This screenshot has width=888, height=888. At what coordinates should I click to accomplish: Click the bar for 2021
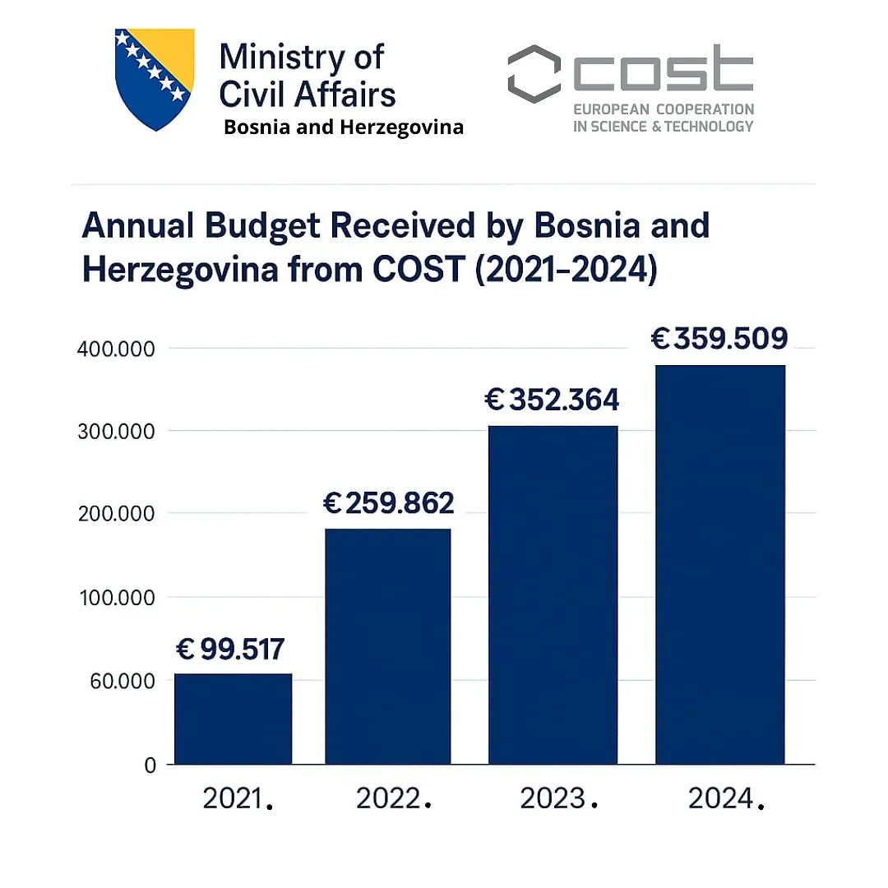click(233, 719)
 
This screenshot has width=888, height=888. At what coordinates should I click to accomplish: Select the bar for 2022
click(387, 646)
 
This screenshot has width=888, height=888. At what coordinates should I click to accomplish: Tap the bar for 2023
click(553, 595)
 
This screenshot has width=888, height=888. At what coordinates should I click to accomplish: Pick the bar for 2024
click(719, 565)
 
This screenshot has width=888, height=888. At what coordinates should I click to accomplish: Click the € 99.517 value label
click(230, 650)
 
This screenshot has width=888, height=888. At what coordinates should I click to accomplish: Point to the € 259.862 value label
click(388, 503)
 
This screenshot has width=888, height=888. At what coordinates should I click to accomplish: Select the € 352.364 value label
click(552, 400)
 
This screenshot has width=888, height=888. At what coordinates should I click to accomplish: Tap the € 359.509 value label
click(719, 339)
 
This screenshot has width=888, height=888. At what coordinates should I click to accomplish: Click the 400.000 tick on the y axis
click(116, 349)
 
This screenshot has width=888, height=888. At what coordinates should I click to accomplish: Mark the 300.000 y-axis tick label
click(116, 431)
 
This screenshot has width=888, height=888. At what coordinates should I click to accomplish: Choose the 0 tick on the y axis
click(150, 765)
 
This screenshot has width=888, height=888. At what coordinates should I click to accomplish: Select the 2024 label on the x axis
click(721, 798)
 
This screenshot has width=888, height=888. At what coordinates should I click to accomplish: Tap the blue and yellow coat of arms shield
click(154, 79)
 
